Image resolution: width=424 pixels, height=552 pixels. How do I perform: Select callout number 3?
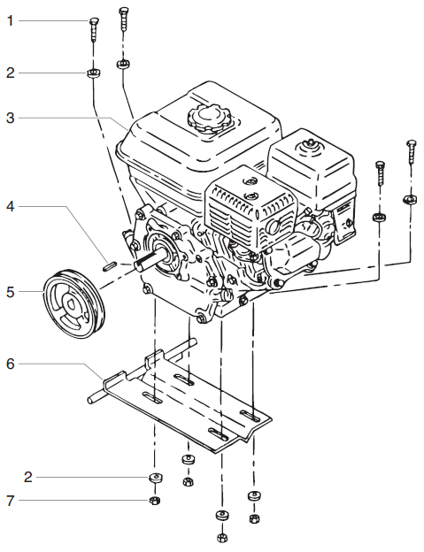pos(11,117)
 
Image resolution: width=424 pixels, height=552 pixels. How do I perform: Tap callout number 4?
pos(11,207)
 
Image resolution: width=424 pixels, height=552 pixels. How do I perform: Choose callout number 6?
pos(11,363)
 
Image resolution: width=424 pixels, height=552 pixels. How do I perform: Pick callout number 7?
pos(11,502)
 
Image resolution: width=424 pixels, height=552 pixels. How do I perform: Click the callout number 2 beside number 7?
pos(28,477)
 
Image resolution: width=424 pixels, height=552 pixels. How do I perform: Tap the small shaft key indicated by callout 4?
pos(108,262)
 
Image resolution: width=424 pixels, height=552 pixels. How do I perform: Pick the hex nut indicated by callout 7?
pos(153,501)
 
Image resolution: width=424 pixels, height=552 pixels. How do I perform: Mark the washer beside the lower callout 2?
pos(154,479)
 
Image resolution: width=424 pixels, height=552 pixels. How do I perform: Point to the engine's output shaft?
pos(148,260)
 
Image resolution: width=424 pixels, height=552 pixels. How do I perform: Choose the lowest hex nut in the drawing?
pos(220,536)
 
